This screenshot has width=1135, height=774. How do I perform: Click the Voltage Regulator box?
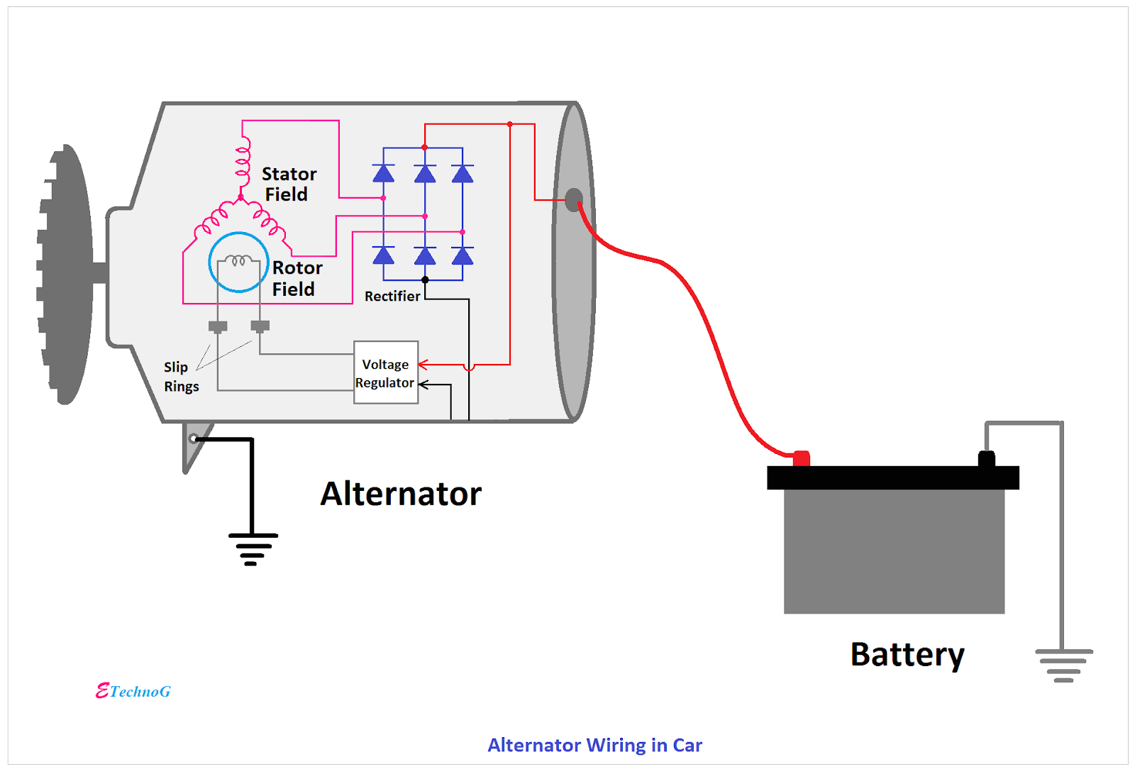tap(385, 372)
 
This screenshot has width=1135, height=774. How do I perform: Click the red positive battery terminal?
tap(801, 458)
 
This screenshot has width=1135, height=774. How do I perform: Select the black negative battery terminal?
tap(986, 458)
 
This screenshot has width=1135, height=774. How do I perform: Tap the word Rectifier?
tap(392, 296)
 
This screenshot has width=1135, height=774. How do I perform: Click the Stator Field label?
tap(288, 184)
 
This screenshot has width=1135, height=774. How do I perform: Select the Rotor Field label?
tap(297, 278)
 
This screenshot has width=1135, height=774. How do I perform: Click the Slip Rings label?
tap(180, 377)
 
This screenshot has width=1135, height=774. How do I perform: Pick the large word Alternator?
tap(401, 494)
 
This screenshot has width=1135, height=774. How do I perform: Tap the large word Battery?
tap(907, 654)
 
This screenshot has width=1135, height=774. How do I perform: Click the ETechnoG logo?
tap(133, 691)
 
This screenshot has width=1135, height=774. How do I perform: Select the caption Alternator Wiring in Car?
tap(594, 745)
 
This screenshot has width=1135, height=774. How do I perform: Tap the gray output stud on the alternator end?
tap(573, 200)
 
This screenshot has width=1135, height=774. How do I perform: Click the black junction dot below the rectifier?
tap(425, 280)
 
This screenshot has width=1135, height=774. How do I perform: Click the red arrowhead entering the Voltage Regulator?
tap(423, 365)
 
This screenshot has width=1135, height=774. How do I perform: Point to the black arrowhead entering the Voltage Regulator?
tap(423, 385)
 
